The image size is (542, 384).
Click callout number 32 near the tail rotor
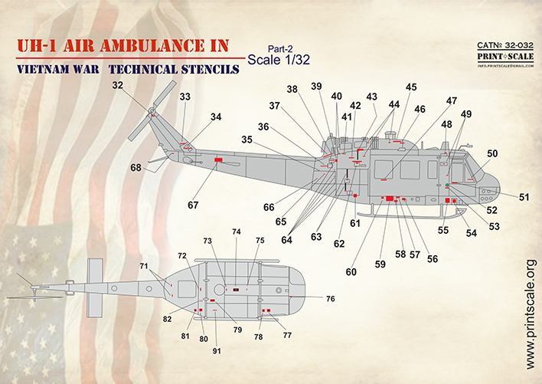[x=117, y=86]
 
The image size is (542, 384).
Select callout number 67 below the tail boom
[x=193, y=205]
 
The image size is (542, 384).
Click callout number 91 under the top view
[x=217, y=350]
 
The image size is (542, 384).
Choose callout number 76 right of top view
[x=330, y=299]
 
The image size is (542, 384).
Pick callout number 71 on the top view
[x=143, y=266]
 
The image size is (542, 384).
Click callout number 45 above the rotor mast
[x=412, y=87]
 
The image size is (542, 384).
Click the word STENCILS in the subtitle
[x=201, y=70]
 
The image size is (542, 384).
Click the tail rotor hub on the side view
[x=152, y=113]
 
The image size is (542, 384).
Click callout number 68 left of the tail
[x=135, y=168]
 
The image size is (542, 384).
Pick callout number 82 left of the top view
[x=167, y=319]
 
